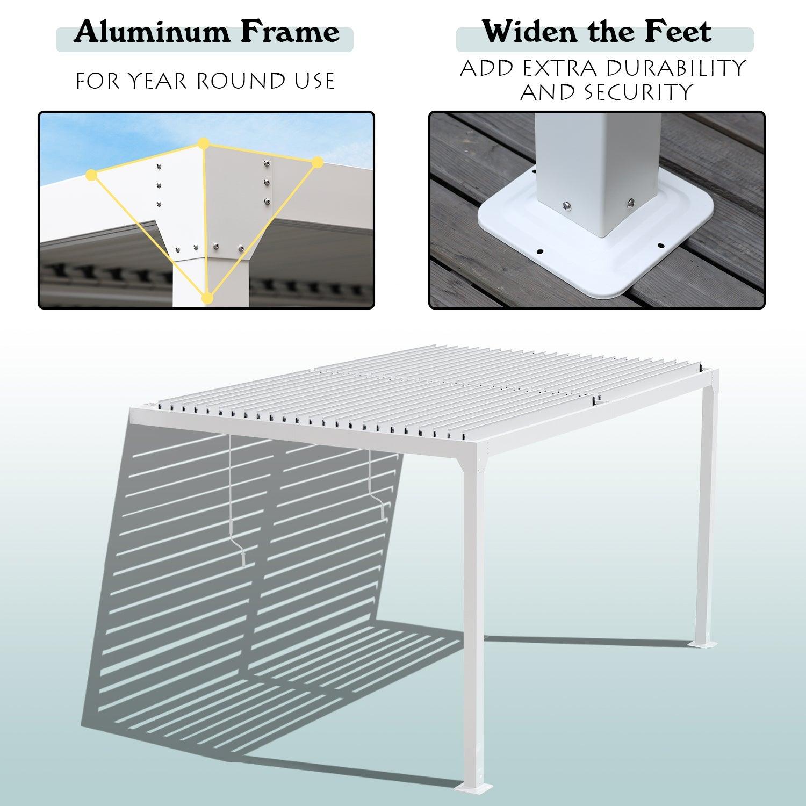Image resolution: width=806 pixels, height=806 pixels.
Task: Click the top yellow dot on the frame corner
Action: (x=203, y=143)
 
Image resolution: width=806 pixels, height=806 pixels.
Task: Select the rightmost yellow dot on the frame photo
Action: (x=317, y=161)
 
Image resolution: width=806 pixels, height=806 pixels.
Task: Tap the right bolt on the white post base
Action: (x=630, y=203)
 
